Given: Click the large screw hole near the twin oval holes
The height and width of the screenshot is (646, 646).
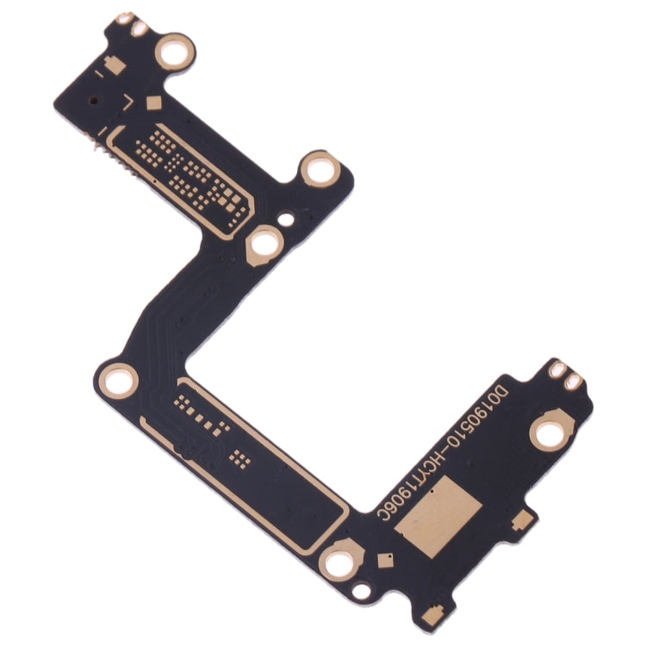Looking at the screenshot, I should [549, 434].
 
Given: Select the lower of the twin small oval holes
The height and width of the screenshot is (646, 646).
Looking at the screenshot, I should [572, 380].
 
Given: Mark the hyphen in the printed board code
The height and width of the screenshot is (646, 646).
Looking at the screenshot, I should [441, 450].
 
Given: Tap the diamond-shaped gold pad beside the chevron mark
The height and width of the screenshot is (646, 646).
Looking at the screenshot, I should [153, 103].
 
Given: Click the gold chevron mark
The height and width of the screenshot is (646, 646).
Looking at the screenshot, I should [128, 105].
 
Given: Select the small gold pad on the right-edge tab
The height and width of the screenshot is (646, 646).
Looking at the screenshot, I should [519, 520].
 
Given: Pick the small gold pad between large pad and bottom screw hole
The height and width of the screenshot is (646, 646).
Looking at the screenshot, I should [382, 559].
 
